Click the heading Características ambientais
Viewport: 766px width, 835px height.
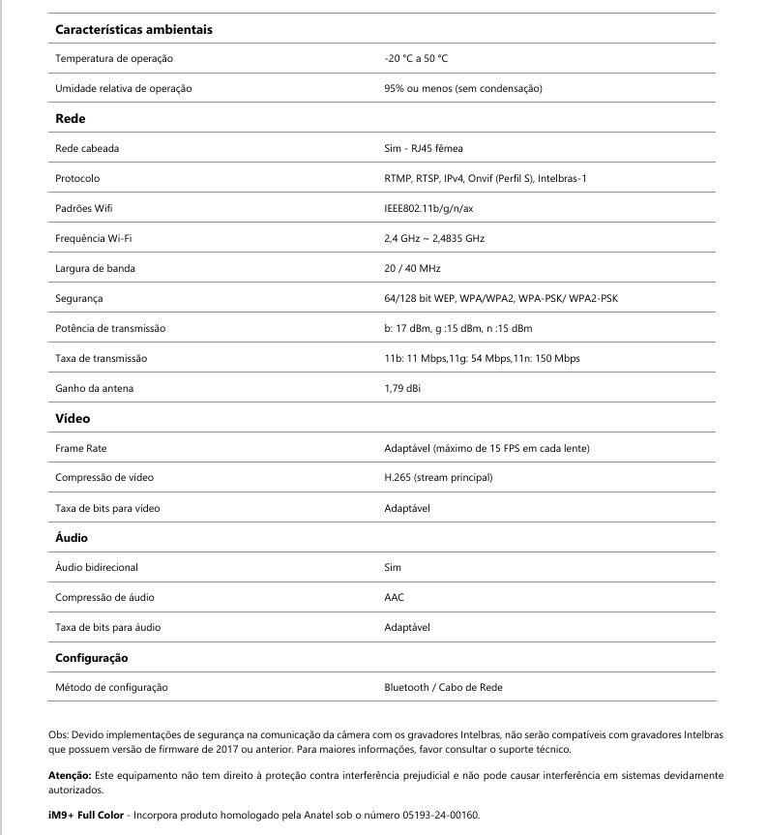[x=133, y=29]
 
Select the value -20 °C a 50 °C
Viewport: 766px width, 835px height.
[x=416, y=59]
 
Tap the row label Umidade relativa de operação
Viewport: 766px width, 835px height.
[x=124, y=89]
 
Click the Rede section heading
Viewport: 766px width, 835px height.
[x=71, y=118]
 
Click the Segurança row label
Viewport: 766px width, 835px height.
[x=79, y=298]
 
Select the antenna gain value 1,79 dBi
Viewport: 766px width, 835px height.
[x=402, y=388]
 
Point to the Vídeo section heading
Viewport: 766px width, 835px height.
[x=73, y=418]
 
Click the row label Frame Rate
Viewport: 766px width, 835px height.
[x=81, y=448]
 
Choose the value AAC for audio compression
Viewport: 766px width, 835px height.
[x=395, y=597]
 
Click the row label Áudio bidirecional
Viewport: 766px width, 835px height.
[x=103, y=567]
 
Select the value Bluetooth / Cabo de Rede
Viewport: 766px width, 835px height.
[x=443, y=687]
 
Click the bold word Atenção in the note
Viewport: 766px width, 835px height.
[x=70, y=776]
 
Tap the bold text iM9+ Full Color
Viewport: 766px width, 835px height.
[x=85, y=815]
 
